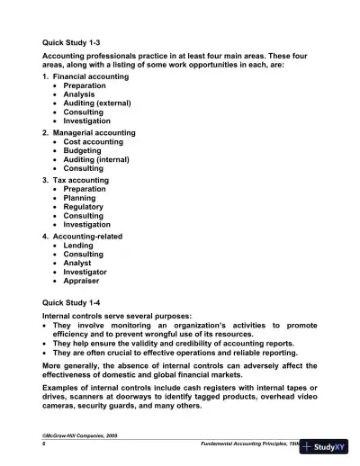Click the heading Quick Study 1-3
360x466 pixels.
point(72,41)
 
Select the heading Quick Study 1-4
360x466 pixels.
point(72,303)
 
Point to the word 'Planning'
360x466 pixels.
point(83,198)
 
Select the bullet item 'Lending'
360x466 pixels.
point(81,245)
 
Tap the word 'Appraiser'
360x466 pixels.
point(85,281)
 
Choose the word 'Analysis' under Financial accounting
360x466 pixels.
point(83,94)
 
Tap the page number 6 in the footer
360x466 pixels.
point(44,444)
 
